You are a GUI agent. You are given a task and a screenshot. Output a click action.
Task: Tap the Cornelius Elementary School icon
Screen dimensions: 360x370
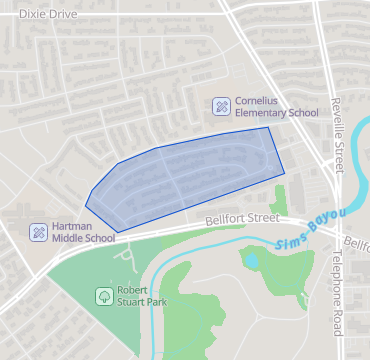221,105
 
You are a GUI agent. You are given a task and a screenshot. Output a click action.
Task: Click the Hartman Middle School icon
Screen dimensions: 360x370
38,232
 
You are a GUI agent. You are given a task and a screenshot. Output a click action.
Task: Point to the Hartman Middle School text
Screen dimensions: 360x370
84,233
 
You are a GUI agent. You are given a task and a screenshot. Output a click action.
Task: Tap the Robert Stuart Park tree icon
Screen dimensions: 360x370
104,296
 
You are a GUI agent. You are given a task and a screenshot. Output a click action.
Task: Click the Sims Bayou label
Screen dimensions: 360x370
309,230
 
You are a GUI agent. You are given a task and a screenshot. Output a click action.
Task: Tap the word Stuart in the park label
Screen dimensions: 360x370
134,302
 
